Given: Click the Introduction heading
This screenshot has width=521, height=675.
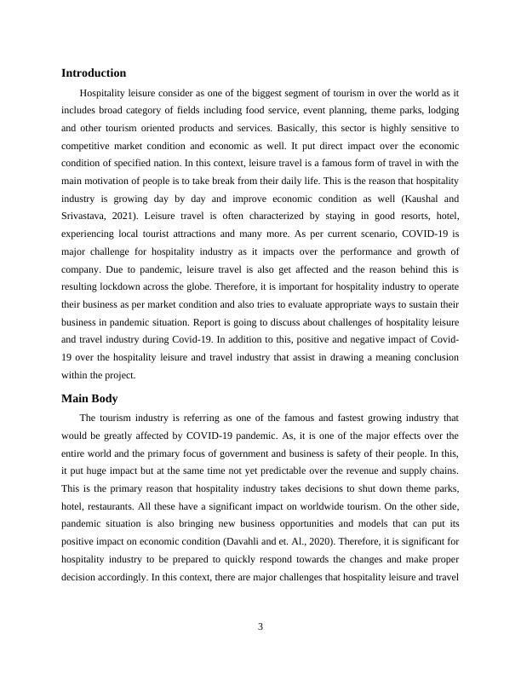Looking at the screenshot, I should (94, 73).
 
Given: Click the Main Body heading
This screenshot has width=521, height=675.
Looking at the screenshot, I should (89, 399).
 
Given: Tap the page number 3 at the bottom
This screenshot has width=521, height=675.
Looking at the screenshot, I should (260, 627).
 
